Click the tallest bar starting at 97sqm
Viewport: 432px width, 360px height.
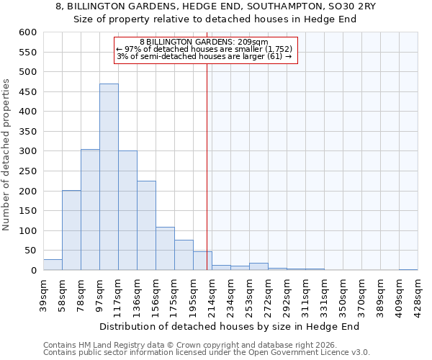(x=109, y=177)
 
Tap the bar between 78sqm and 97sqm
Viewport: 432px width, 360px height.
(x=90, y=210)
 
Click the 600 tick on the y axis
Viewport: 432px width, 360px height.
(x=27, y=32)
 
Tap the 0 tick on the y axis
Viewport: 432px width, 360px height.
(x=33, y=271)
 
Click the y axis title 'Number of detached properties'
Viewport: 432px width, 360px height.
(x=7, y=151)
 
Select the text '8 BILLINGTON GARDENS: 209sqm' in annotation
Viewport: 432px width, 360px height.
(x=204, y=42)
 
